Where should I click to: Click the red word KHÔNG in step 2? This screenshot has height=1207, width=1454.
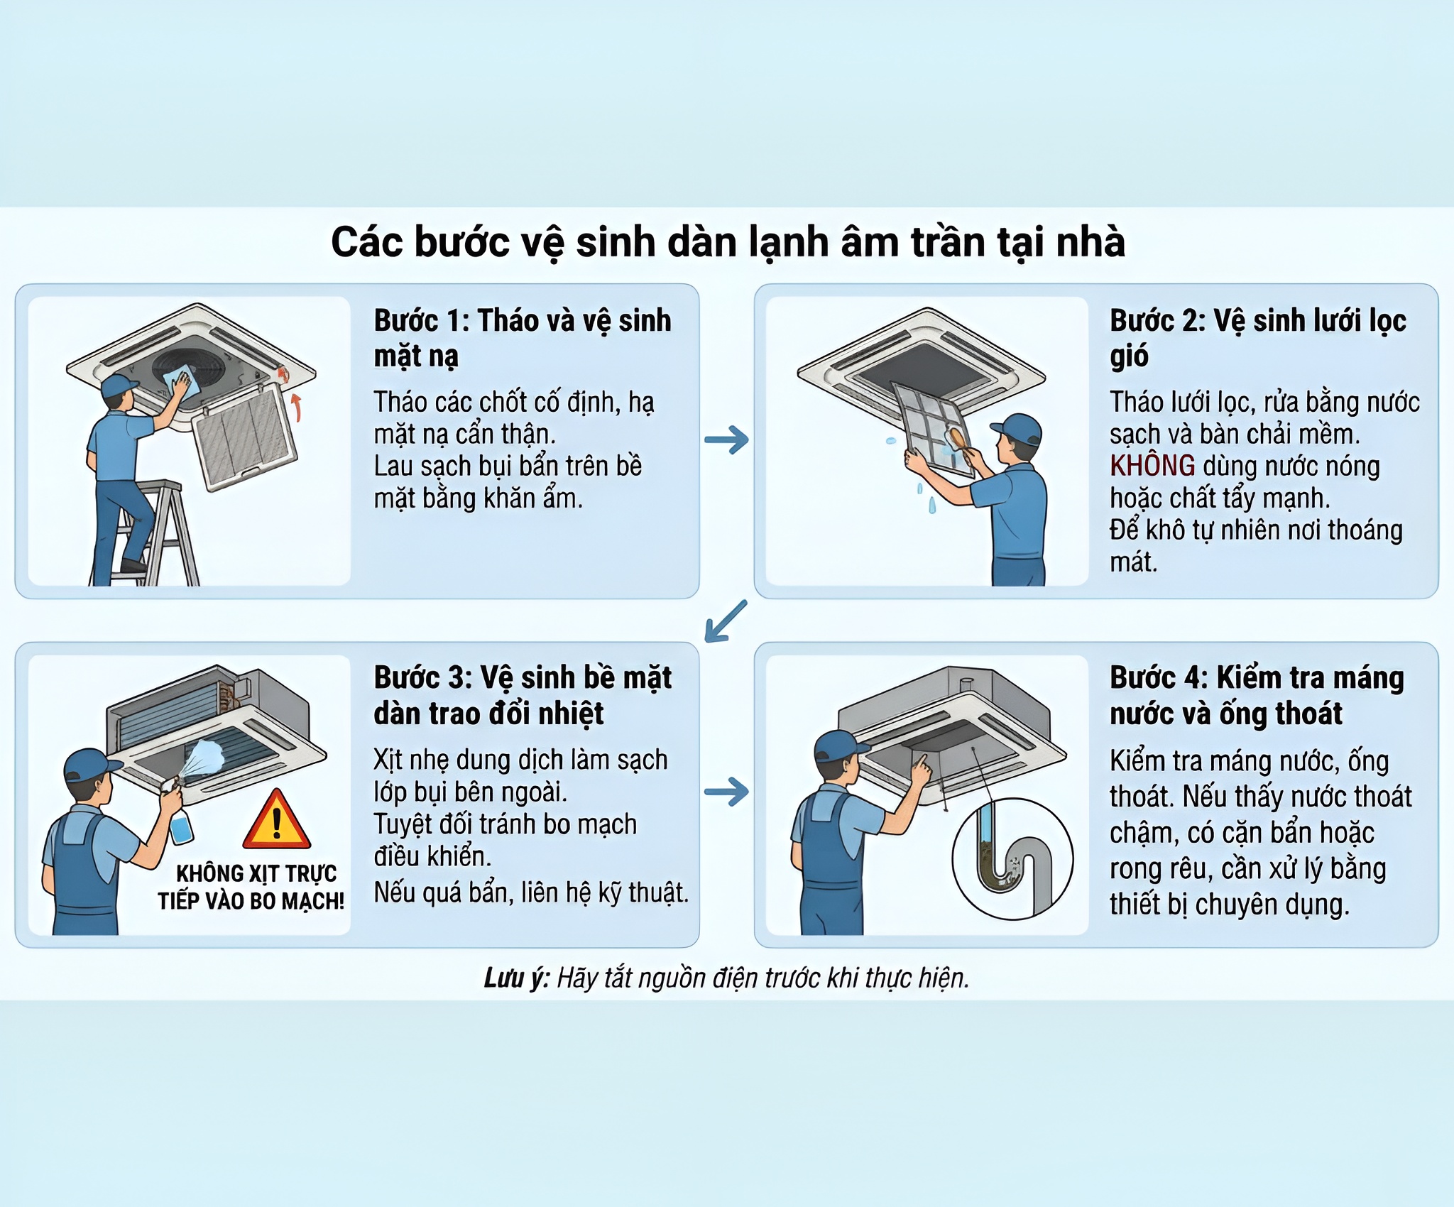pyautogui.click(x=1152, y=466)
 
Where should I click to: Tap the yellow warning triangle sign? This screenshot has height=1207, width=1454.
pyautogui.click(x=276, y=822)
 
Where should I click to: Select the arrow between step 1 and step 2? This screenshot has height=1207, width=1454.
pyautogui.click(x=726, y=439)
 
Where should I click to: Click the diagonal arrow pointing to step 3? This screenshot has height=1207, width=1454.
pyautogui.click(x=725, y=621)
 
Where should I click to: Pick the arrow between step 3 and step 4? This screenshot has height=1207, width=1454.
pyautogui.click(x=726, y=792)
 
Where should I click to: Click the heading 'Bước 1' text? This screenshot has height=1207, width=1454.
pyautogui.click(x=420, y=321)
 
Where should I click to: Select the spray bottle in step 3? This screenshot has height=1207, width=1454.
pyautogui.click(x=179, y=824)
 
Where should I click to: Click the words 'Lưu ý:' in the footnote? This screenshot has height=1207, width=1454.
pyautogui.click(x=515, y=978)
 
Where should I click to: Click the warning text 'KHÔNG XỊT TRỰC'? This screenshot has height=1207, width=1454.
pyautogui.click(x=256, y=873)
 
